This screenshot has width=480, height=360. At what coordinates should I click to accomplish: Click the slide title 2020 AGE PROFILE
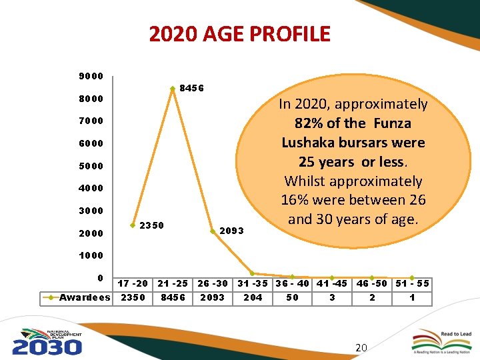(239, 34)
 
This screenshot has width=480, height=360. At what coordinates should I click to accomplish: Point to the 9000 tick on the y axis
(91, 76)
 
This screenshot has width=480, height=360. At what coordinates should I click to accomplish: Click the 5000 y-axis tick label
(91, 166)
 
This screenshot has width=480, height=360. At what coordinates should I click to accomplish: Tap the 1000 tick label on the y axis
(91, 256)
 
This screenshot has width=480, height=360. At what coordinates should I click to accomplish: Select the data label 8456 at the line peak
(192, 89)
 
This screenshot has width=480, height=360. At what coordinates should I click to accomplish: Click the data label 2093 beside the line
(232, 231)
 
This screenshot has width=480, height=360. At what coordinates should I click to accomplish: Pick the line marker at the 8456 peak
(172, 88)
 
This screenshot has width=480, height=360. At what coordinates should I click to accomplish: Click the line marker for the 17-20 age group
(133, 224)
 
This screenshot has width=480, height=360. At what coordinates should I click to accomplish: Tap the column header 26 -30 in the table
(213, 284)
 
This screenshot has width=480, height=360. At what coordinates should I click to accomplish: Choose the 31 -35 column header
(253, 284)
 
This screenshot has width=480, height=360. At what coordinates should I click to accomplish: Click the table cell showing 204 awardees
(253, 297)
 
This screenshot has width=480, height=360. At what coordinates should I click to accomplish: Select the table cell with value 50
(292, 297)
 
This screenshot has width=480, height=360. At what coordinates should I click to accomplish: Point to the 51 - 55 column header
(412, 284)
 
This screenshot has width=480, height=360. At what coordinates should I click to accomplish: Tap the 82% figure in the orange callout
(309, 123)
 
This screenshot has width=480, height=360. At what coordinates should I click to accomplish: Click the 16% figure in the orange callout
(294, 199)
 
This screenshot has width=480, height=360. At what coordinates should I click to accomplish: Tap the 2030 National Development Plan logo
(47, 341)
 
